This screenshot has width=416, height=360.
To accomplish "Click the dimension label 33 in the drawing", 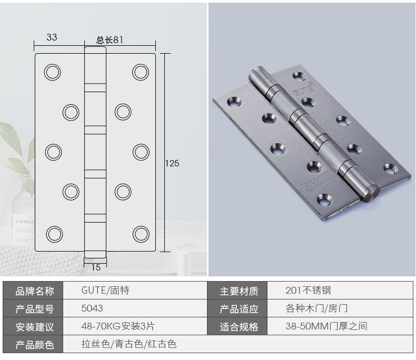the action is pyautogui.click(x=52, y=37).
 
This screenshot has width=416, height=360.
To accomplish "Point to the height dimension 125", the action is pyautogui.click(x=172, y=163).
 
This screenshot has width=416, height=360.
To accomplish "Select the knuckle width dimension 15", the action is pyautogui.click(x=96, y=267).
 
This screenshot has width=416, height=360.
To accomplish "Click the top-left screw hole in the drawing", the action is pyautogui.click(x=52, y=72).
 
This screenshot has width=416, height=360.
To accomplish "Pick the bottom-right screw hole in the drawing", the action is pyautogui.click(x=141, y=233).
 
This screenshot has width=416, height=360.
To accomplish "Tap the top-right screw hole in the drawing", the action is pyautogui.click(x=141, y=72).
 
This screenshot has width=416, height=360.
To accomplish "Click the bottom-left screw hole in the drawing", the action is pyautogui.click(x=53, y=233).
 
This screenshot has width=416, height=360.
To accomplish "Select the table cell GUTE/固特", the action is pyautogui.click(x=105, y=291).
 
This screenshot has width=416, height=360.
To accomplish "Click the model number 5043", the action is pyautogui.click(x=92, y=308).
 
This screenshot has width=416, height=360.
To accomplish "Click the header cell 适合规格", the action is pyautogui.click(x=239, y=327).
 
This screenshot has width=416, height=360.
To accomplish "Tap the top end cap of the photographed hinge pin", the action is pyautogui.click(x=258, y=74).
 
